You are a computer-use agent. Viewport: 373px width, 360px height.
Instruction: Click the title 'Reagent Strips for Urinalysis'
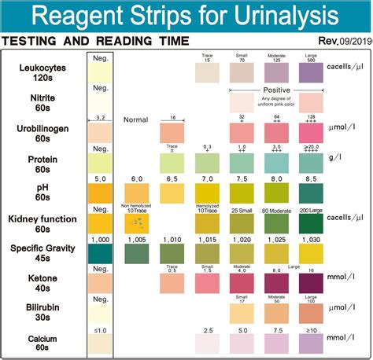[186, 16]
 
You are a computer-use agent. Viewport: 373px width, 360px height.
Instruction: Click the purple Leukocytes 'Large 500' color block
[311, 73]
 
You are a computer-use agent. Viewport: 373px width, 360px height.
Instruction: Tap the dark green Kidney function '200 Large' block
[311, 222]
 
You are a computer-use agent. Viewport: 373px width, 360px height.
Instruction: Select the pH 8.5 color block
[311, 193]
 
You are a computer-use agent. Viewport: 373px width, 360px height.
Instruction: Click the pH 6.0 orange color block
[136, 193]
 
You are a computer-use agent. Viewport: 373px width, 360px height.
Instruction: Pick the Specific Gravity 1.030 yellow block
[311, 253]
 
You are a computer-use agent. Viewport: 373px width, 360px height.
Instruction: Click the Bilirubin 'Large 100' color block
[311, 313]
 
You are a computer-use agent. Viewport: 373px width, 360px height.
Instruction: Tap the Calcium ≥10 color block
[311, 343]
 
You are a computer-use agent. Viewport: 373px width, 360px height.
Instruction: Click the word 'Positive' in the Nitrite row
[276, 90]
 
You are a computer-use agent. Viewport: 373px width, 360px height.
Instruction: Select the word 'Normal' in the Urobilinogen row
[136, 119]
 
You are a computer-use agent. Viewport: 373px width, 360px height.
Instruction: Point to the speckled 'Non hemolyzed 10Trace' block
[136, 222]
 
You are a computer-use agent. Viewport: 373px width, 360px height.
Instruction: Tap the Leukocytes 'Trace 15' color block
[206, 73]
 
